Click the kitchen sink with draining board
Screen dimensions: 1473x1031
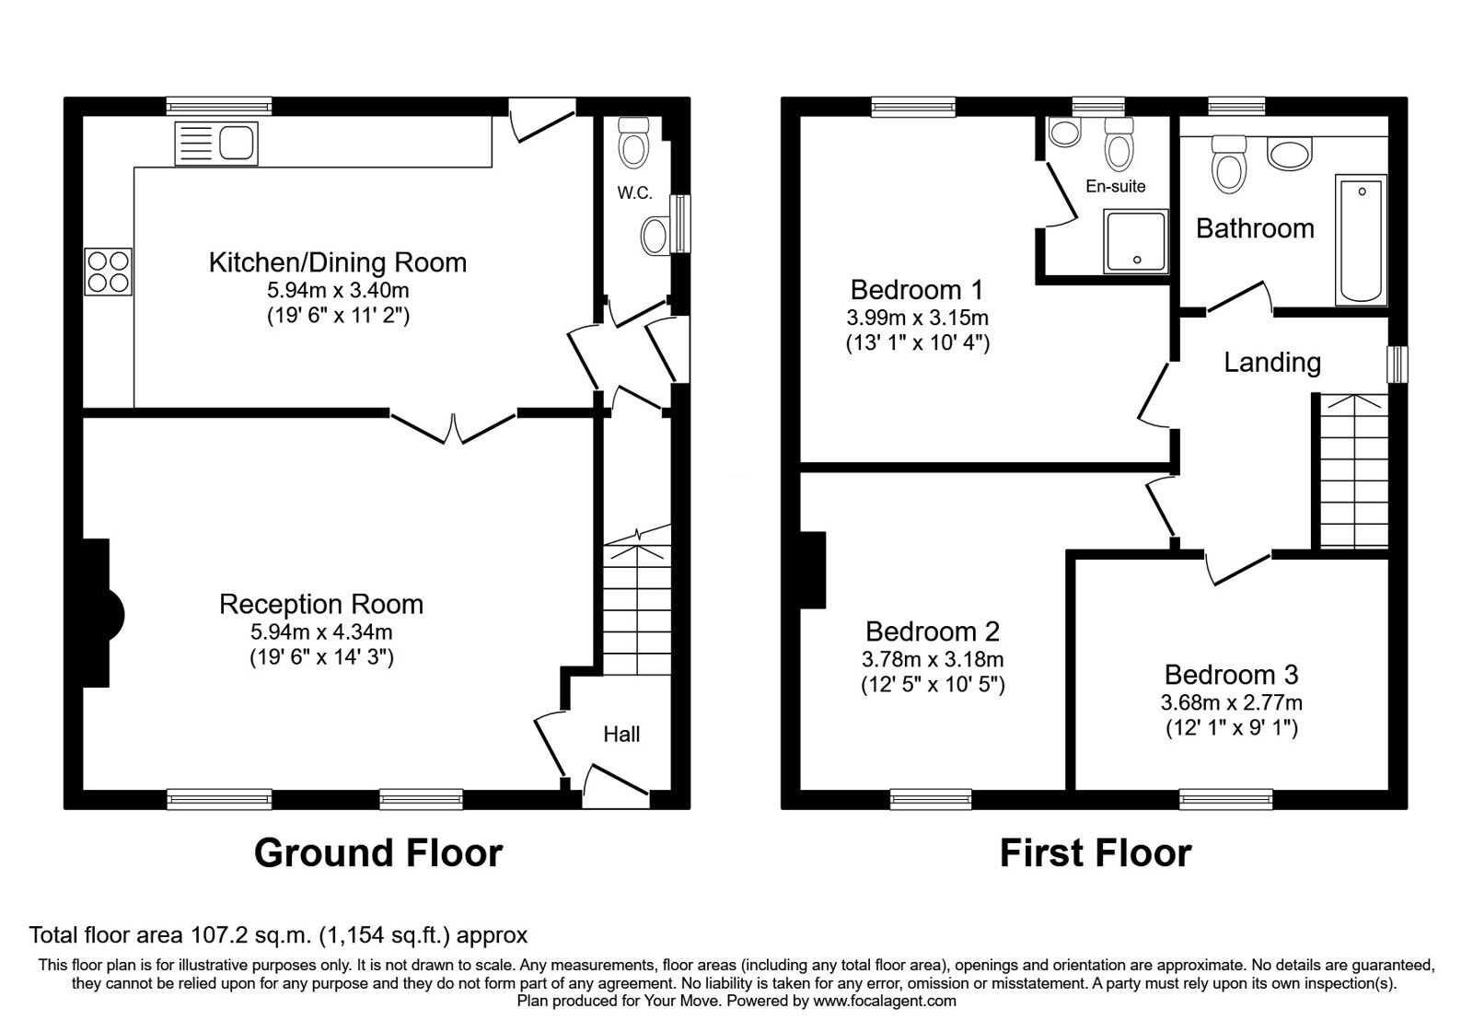216,144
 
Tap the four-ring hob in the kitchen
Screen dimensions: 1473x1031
109,272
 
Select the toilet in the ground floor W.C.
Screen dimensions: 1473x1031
634,142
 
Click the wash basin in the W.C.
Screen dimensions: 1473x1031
655,236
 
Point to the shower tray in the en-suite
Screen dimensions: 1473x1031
1136,241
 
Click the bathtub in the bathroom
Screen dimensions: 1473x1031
1361,240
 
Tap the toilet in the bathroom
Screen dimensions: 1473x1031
1229,165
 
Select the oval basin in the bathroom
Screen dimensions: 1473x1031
1290,155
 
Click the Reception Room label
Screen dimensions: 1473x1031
321,604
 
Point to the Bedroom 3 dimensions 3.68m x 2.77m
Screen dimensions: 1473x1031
1232,703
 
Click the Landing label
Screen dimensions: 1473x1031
1272,363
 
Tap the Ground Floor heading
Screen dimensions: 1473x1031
378,852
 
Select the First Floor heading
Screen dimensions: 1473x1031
1096,853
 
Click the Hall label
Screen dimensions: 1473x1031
621,734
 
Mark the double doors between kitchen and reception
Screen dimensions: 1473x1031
453,427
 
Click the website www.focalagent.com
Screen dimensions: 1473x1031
885,1001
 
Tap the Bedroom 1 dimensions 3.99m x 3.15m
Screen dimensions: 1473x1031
917,318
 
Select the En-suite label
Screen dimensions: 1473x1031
1116,187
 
